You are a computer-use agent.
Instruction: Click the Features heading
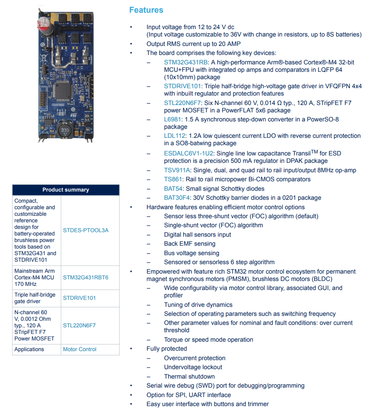(x=146, y=10)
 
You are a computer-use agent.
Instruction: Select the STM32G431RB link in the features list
(x=185, y=62)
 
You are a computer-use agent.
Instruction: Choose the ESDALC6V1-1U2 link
(x=189, y=153)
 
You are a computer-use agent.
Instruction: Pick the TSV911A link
(x=177, y=170)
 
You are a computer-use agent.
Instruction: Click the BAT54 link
(x=173, y=189)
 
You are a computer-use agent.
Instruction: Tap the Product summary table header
(x=66, y=190)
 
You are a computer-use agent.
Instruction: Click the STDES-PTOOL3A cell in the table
(x=86, y=231)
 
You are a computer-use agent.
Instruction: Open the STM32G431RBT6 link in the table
(x=86, y=277)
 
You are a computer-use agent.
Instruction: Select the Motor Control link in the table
(x=79, y=349)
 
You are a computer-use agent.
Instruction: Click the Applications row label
(x=29, y=349)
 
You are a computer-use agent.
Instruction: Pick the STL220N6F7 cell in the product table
(x=79, y=326)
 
